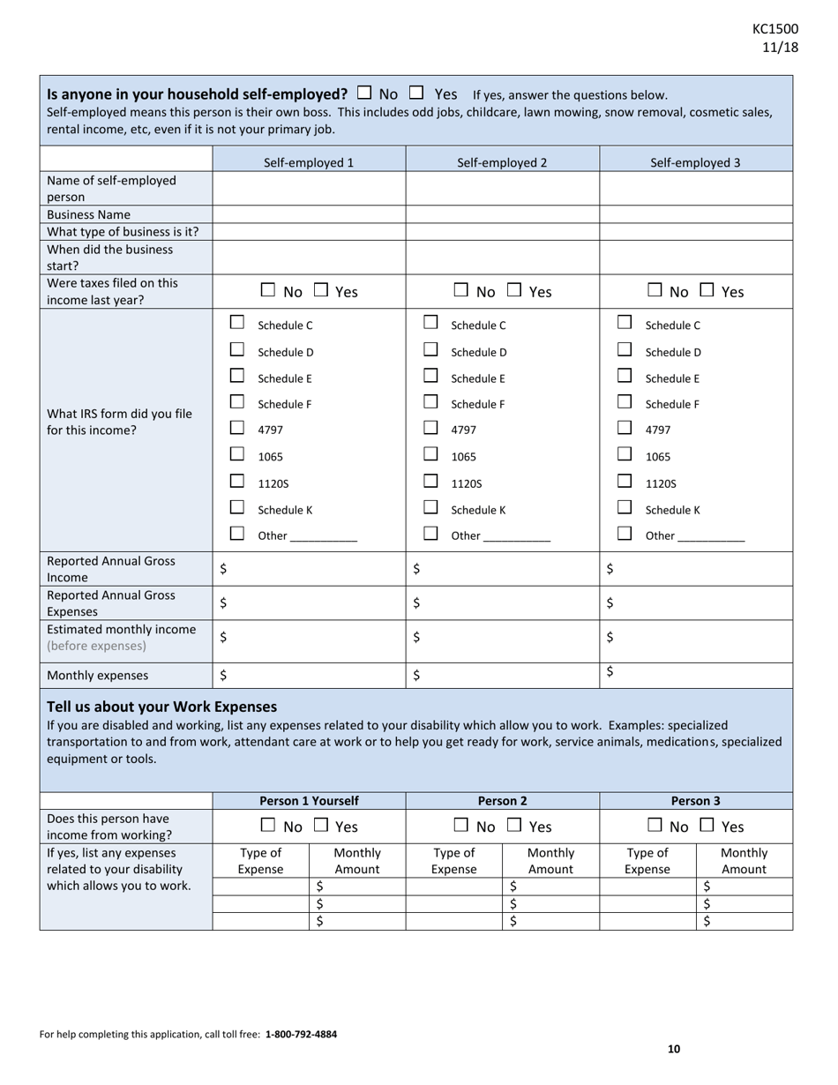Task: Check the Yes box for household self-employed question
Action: pyautogui.click(x=417, y=92)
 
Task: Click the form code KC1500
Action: pyautogui.click(x=775, y=29)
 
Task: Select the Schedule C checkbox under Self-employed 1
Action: pyautogui.click(x=236, y=323)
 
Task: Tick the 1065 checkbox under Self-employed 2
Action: pyautogui.click(x=430, y=454)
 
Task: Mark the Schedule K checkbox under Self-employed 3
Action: pyautogui.click(x=625, y=507)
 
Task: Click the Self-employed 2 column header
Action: pyautogui.click(x=502, y=162)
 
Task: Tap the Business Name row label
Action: pyautogui.click(x=88, y=214)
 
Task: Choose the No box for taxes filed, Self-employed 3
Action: pyautogui.click(x=655, y=289)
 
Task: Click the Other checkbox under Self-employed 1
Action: pyautogui.click(x=236, y=534)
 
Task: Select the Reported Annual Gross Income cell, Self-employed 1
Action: pyautogui.click(x=309, y=569)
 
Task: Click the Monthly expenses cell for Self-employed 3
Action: pyautogui.click(x=696, y=674)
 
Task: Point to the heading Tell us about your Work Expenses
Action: pyautogui.click(x=161, y=707)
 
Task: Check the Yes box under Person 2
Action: pyautogui.click(x=514, y=825)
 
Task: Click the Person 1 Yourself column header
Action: pyautogui.click(x=309, y=801)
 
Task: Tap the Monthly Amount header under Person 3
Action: pyautogui.click(x=744, y=861)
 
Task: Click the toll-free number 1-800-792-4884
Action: pyautogui.click(x=301, y=1034)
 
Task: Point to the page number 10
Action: pyautogui.click(x=674, y=1049)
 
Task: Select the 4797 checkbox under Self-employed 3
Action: pyautogui.click(x=625, y=428)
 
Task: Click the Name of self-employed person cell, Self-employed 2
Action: pyautogui.click(x=502, y=188)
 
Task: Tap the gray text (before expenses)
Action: pyautogui.click(x=97, y=646)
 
